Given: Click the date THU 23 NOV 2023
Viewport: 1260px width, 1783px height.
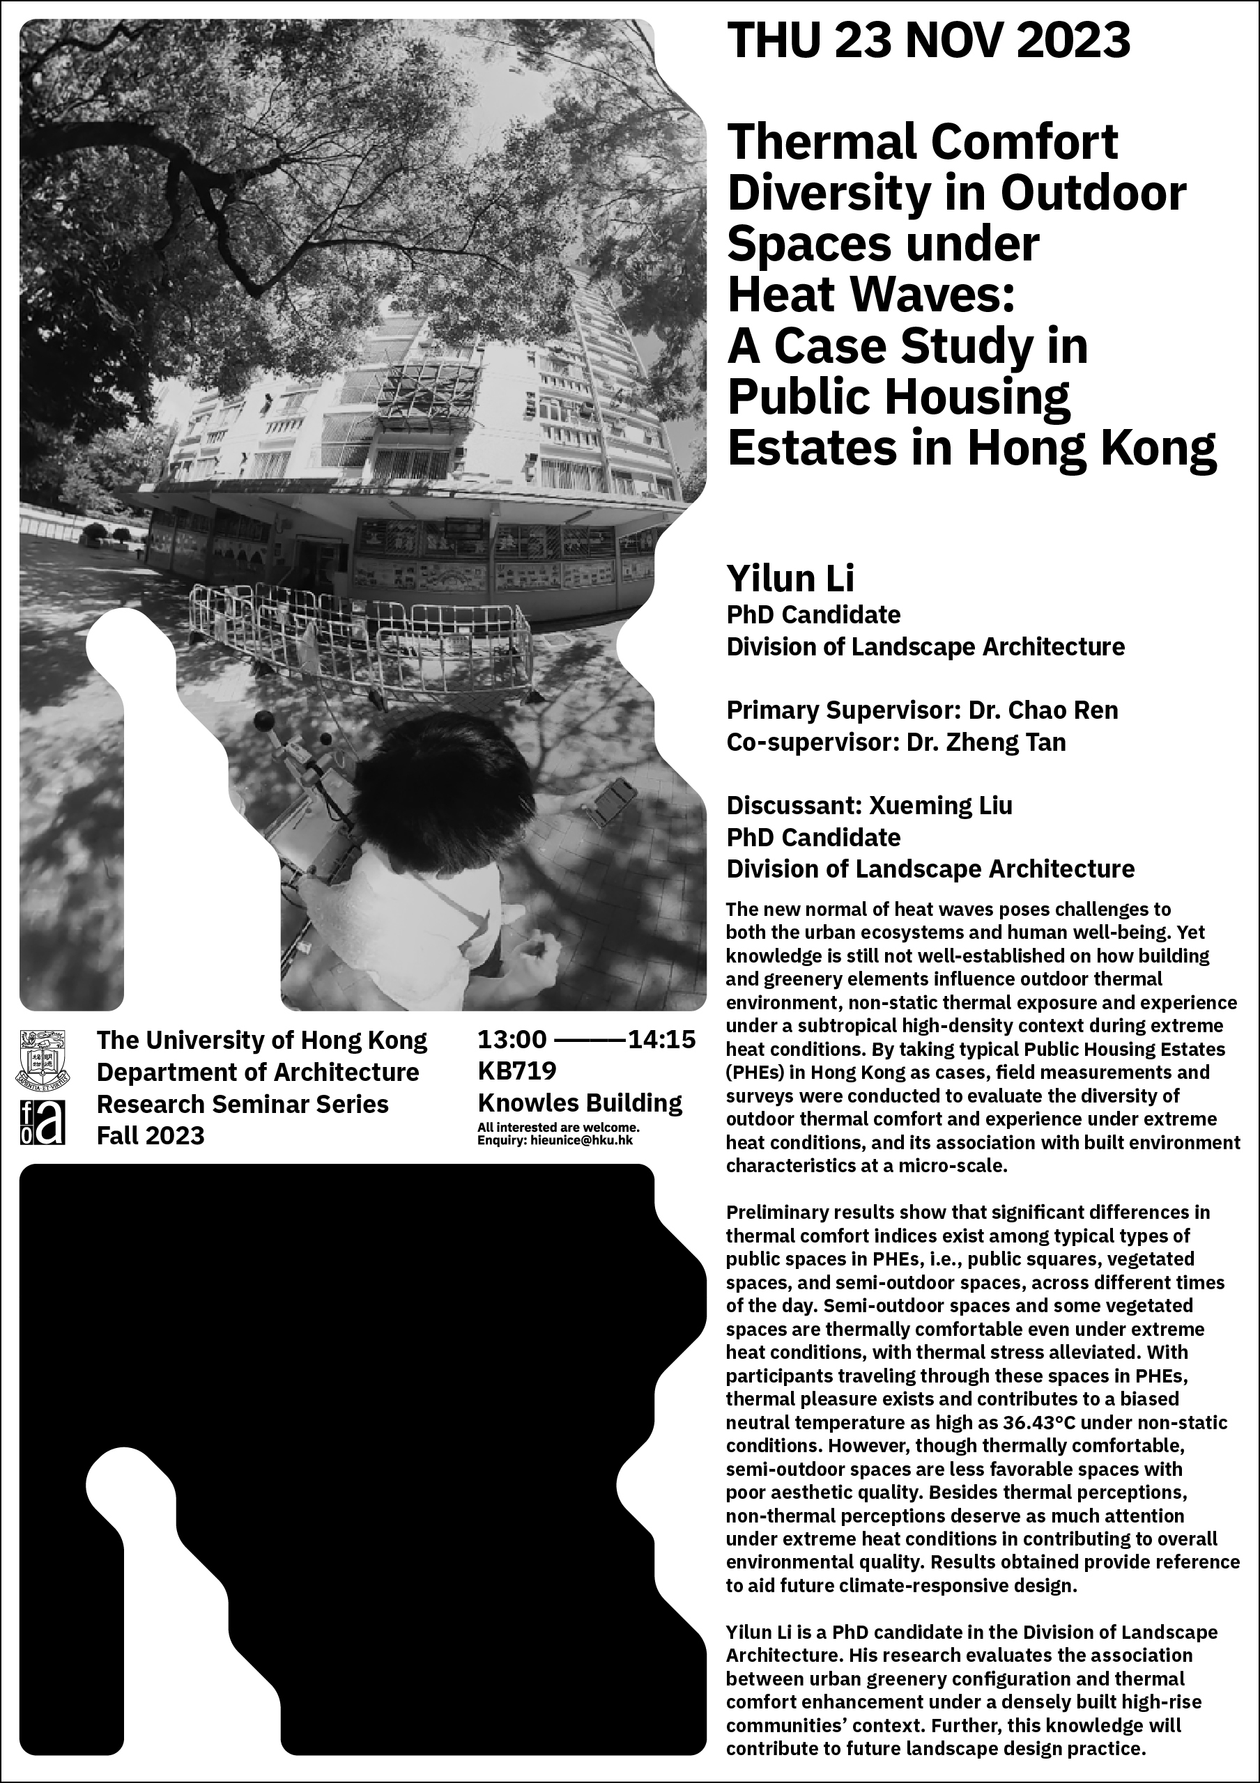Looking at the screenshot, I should coord(928,40).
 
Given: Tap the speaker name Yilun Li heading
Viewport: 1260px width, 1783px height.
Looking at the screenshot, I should coord(790,579).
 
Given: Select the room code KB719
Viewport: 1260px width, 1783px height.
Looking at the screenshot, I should coord(517,1071).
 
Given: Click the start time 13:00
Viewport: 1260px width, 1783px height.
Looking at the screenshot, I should coord(512,1039).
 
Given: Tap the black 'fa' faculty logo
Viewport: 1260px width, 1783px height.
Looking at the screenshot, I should coord(42,1121).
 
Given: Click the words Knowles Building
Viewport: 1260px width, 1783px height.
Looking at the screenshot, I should coord(580,1103).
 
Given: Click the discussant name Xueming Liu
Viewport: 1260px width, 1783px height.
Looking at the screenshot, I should coord(940,805).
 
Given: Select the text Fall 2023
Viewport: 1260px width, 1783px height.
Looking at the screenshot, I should coord(151,1135).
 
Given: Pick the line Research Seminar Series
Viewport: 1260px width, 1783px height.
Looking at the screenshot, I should coord(243,1103).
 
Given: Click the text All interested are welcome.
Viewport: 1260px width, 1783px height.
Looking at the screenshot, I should coord(558,1127).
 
